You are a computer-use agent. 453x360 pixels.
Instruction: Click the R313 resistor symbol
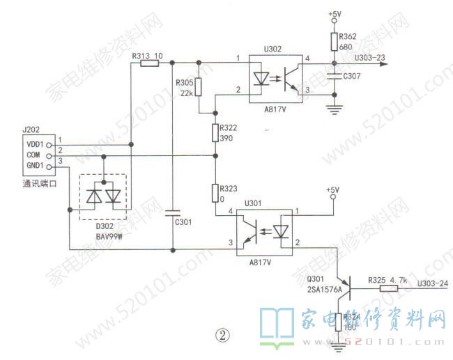150,63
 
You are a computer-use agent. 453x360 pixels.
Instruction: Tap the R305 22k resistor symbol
199,87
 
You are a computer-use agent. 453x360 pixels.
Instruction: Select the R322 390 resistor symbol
215,133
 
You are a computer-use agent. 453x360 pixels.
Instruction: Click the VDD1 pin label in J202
35,143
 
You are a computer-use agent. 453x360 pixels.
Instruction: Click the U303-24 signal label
431,283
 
